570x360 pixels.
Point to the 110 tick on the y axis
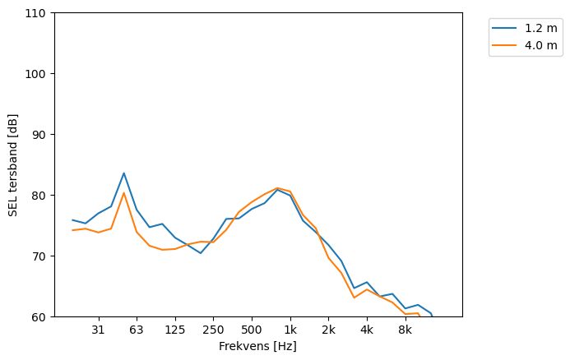(36, 13)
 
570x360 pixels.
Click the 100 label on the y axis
(36, 74)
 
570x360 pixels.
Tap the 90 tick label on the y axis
(39, 135)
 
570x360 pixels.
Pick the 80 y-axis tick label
(39, 196)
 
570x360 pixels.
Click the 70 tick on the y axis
(39, 256)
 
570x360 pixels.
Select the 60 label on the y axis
(39, 316)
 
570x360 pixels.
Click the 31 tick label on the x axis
(98, 330)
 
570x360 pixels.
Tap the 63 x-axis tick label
(137, 330)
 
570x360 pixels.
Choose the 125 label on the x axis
(174, 330)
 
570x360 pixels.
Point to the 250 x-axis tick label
(213, 330)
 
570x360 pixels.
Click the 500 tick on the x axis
(252, 330)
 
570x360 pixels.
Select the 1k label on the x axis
(290, 330)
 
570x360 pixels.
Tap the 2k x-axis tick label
(328, 330)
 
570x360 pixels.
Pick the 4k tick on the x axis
(367, 330)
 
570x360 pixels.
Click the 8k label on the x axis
(405, 330)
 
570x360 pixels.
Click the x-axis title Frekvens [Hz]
(257, 346)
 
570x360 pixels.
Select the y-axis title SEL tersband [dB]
(13, 164)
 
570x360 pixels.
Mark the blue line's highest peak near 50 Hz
(124, 173)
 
